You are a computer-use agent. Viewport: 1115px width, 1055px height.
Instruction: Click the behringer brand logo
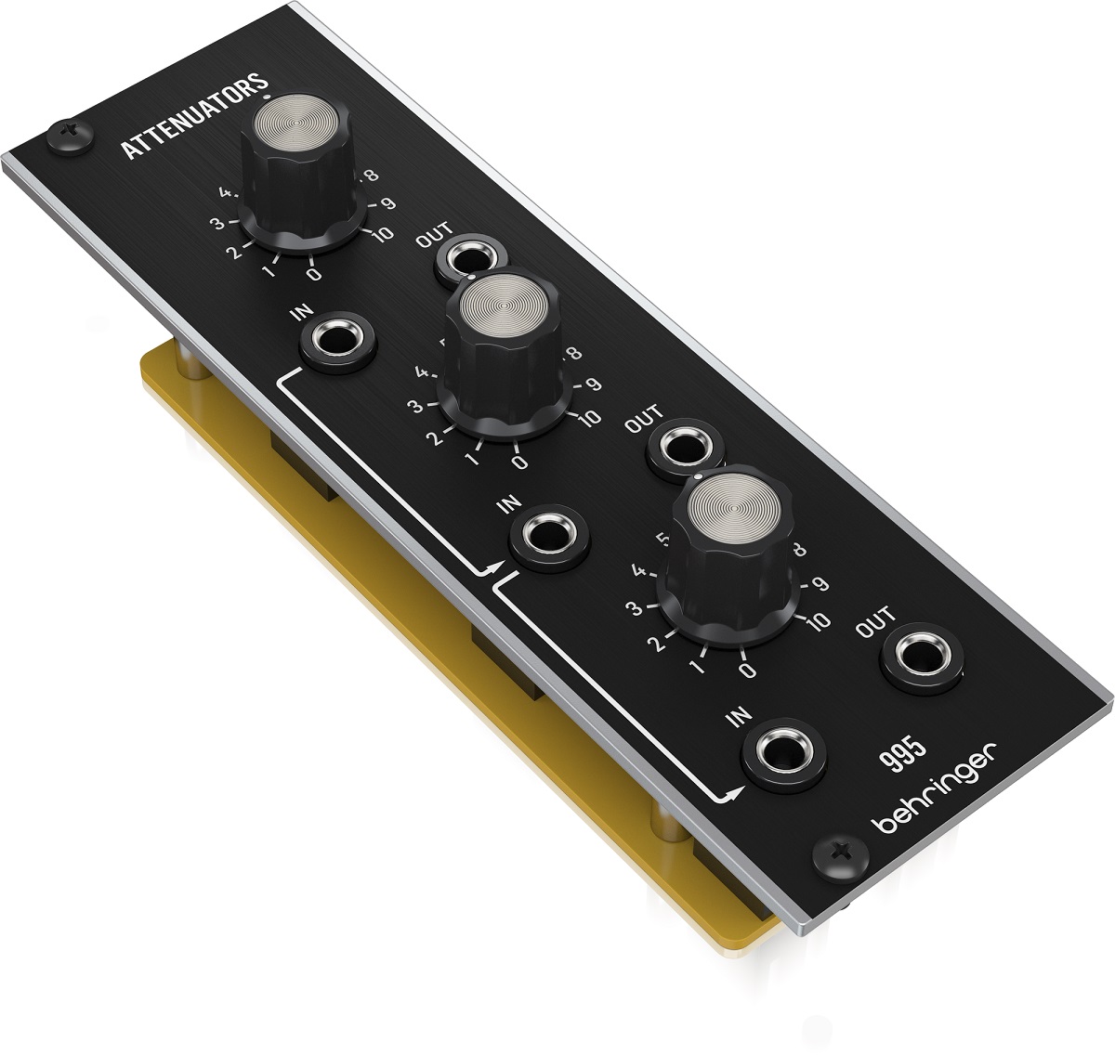[935, 788]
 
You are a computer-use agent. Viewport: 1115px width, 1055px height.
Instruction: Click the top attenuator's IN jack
[339, 344]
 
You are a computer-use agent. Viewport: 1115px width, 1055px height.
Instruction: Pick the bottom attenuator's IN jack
[786, 752]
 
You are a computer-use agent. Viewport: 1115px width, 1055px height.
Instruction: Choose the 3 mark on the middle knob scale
[415, 404]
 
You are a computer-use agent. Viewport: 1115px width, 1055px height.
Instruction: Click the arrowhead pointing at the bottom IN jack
[733, 793]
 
